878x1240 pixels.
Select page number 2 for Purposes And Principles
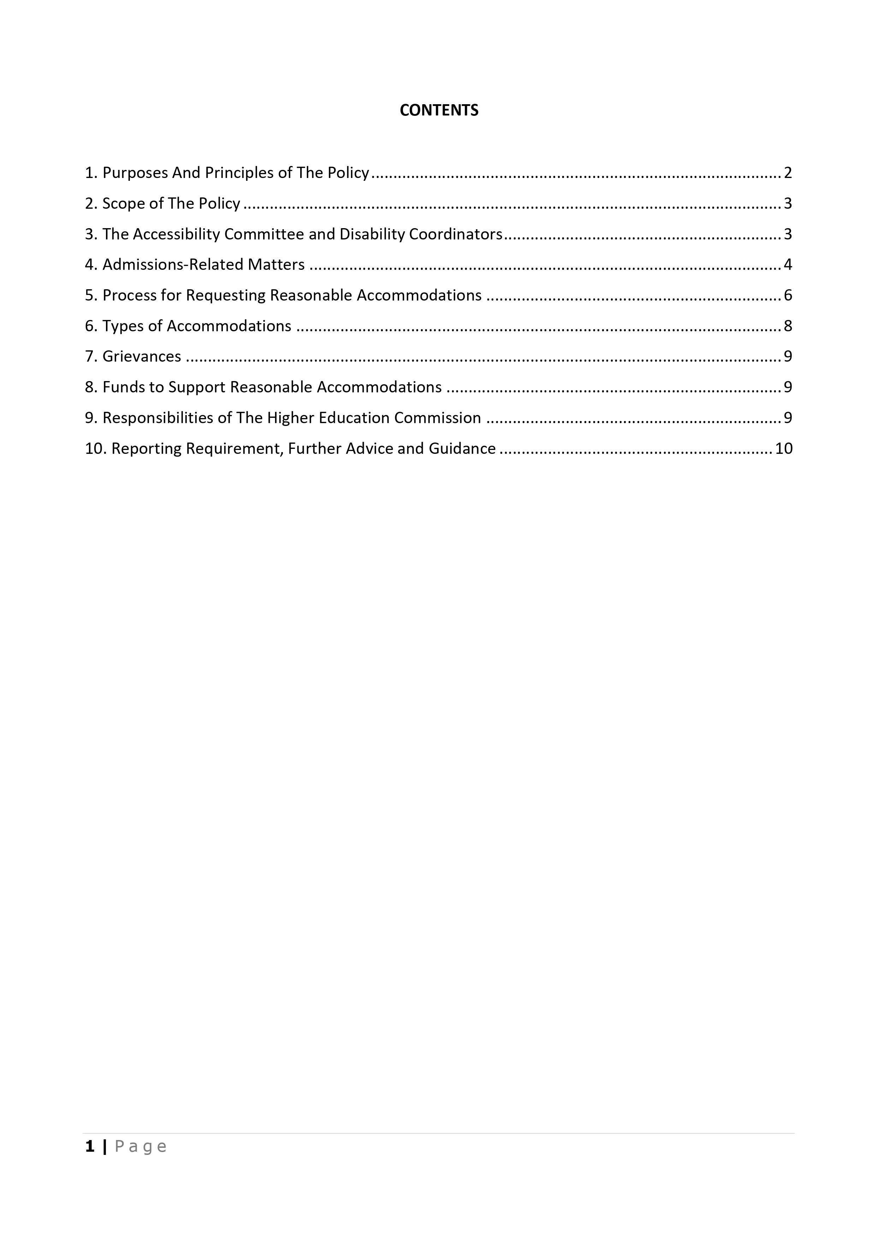click(x=788, y=173)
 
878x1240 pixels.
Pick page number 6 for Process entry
click(x=788, y=296)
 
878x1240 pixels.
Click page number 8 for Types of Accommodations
click(x=788, y=326)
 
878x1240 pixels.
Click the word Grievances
click(x=142, y=357)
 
